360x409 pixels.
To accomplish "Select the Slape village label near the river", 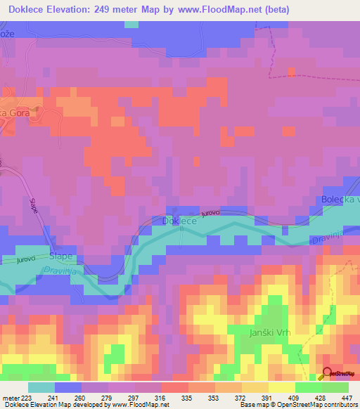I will [61, 257].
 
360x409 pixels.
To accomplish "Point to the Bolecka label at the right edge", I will [340, 200].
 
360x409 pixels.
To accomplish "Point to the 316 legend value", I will [160, 397].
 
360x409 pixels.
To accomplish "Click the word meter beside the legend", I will [11, 397].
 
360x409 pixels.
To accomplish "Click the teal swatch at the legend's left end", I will [41, 387].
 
